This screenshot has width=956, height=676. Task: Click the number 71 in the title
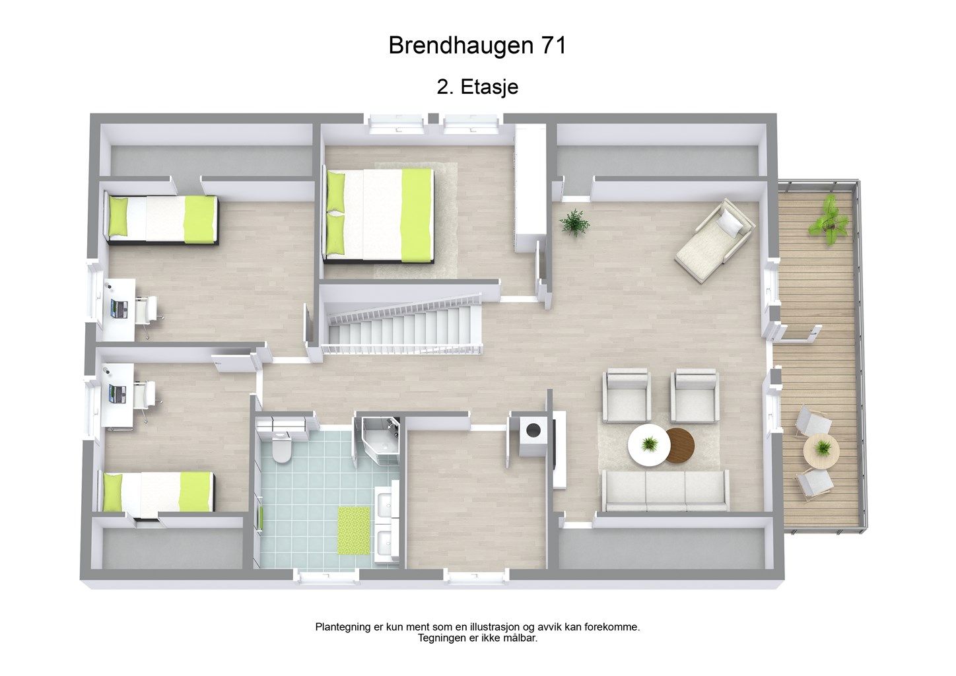pyautogui.click(x=553, y=45)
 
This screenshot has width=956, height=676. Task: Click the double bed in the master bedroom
pyautogui.click(x=378, y=215)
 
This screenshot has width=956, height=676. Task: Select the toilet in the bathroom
pyautogui.click(x=281, y=448)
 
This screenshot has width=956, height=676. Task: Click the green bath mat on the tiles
pyautogui.click(x=354, y=531)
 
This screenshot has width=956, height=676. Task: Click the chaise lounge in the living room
pyautogui.click(x=715, y=240)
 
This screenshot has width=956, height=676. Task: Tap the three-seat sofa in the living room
pyautogui.click(x=665, y=490)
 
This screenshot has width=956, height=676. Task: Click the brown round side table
pyautogui.click(x=681, y=446)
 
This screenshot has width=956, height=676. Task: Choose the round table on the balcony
pyautogui.click(x=821, y=451)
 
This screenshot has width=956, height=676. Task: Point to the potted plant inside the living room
pyautogui.click(x=574, y=222)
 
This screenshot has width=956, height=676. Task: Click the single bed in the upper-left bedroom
pyautogui.click(x=162, y=220)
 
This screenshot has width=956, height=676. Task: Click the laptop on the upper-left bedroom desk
pyautogui.click(x=119, y=308)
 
